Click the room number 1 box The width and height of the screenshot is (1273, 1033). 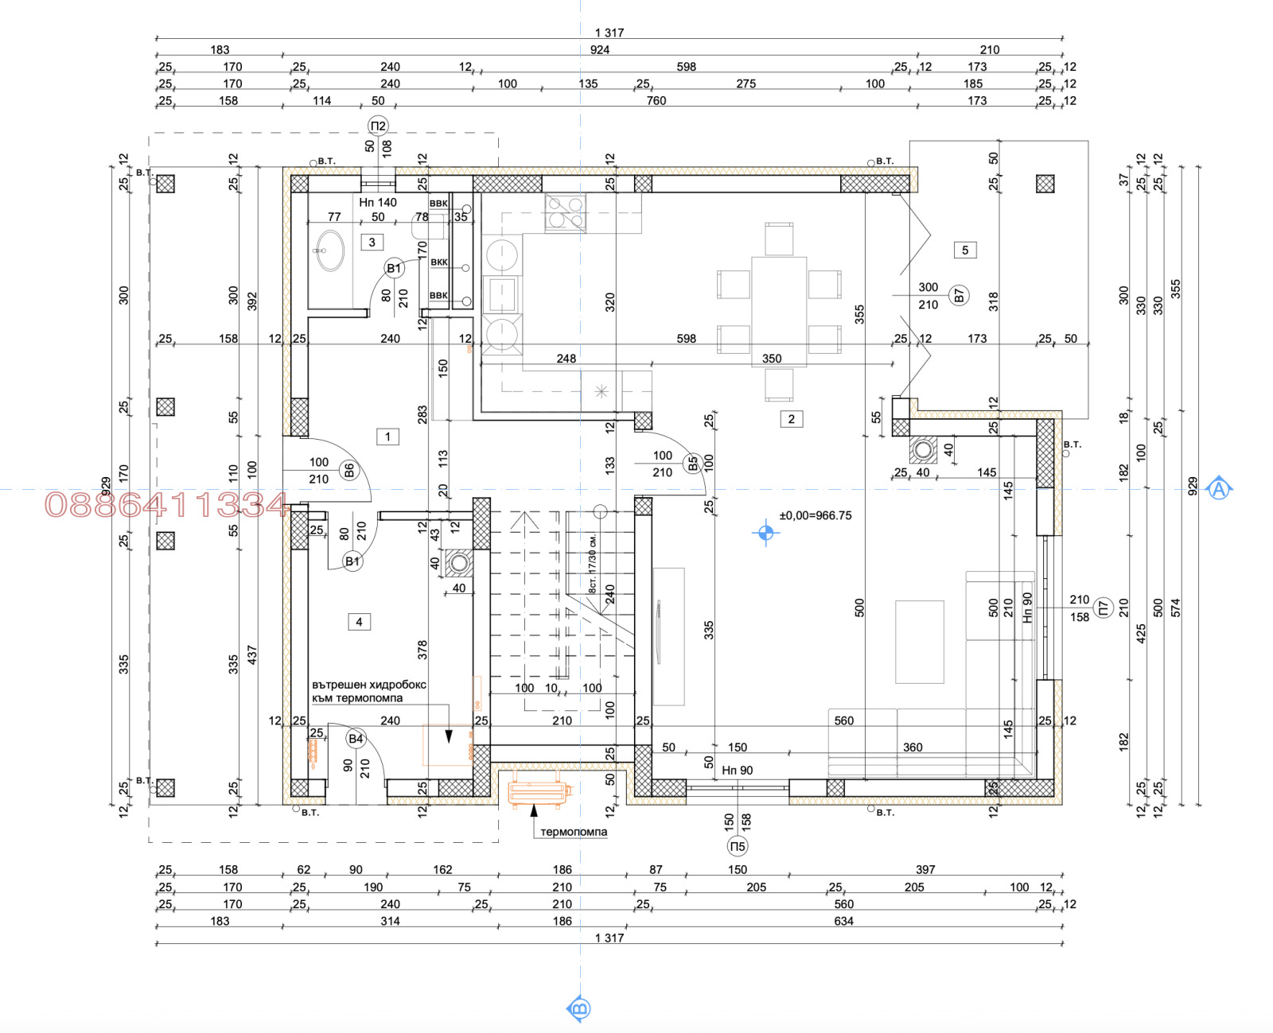click(x=387, y=436)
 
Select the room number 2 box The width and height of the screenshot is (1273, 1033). click(x=791, y=419)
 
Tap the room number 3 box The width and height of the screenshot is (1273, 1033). click(x=372, y=242)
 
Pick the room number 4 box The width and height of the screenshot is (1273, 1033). click(x=359, y=622)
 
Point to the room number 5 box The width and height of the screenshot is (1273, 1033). click(x=965, y=250)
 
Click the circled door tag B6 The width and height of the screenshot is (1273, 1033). click(x=348, y=471)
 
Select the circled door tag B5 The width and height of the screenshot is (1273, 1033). click(x=692, y=464)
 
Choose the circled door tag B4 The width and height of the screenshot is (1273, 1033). click(x=356, y=739)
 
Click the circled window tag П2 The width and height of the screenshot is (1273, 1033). click(x=378, y=126)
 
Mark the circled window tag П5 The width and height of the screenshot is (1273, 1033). click(x=738, y=846)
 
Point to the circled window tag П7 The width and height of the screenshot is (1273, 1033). click(x=1103, y=608)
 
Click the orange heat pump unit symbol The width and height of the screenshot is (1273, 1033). click(x=539, y=792)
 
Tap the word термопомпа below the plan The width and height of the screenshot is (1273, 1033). click(x=574, y=832)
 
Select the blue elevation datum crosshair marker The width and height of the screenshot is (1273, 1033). click(x=765, y=532)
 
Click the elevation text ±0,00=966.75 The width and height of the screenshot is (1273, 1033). click(x=816, y=515)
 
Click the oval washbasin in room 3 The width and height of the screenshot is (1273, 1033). click(x=329, y=250)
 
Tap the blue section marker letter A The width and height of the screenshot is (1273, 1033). click(x=1218, y=488)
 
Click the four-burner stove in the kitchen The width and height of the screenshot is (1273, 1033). click(x=566, y=212)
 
